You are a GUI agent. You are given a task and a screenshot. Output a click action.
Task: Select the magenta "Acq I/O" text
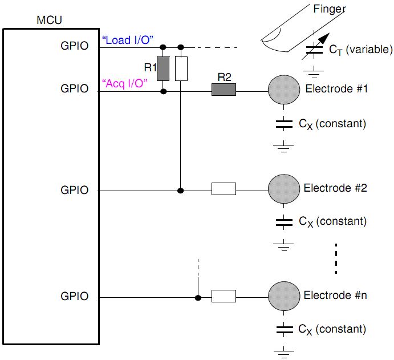(x=124, y=83)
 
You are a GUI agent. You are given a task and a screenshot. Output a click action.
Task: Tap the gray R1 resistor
(x=164, y=68)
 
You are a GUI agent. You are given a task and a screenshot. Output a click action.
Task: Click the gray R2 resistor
(x=224, y=90)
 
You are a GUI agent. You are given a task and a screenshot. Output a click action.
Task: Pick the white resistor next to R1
(x=181, y=68)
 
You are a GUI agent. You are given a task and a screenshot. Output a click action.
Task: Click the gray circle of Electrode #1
(x=284, y=90)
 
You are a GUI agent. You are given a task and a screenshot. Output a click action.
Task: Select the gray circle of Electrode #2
(x=284, y=188)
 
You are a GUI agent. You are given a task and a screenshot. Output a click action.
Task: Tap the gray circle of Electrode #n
(x=284, y=296)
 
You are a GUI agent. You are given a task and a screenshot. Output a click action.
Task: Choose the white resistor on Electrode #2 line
(x=224, y=189)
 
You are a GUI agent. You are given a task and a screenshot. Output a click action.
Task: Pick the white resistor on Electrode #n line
(x=224, y=296)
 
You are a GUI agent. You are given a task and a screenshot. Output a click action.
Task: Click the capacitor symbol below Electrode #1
(x=283, y=123)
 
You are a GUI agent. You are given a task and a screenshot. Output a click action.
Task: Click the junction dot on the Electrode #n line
(x=198, y=297)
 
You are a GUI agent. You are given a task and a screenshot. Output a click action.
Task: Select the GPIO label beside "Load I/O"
(x=75, y=46)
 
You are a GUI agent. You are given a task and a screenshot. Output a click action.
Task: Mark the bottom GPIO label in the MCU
(x=75, y=296)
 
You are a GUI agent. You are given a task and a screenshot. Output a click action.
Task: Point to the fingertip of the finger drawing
(x=267, y=41)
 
